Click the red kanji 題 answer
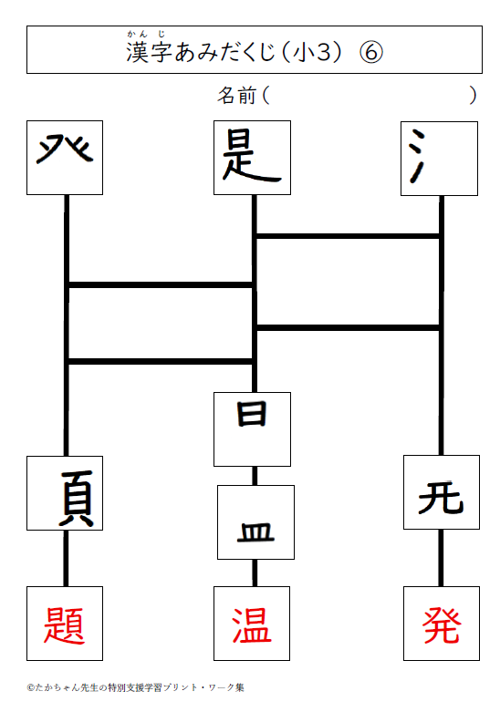coord(64,625)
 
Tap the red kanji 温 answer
coord(252,625)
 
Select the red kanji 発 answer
coord(442,625)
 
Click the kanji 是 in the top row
coord(252,156)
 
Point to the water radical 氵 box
coord(439,159)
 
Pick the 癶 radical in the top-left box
coord(65,149)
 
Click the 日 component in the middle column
coord(252,413)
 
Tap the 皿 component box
coord(255,522)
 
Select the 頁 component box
coord(65,493)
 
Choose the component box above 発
coord(442,492)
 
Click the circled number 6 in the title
coord(371,52)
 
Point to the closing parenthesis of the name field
coord(474,96)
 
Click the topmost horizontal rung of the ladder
coord(348,236)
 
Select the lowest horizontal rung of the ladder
coord(161,361)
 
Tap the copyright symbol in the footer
coord(30,687)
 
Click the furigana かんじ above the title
coord(146,34)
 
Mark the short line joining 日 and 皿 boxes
coord(255,476)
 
